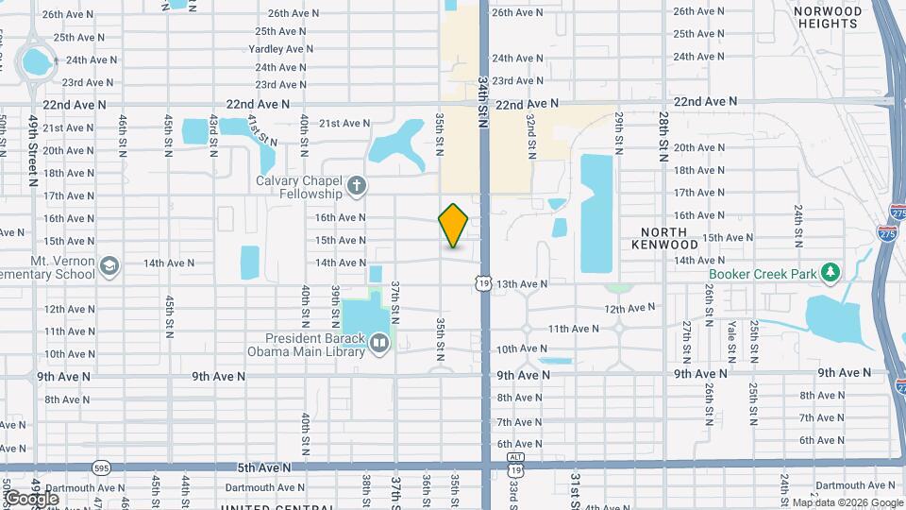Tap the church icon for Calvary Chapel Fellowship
point(357,185)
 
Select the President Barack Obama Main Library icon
point(378,343)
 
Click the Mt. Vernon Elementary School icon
point(109,267)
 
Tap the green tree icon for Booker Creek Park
point(830,273)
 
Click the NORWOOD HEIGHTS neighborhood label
point(828,19)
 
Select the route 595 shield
point(102,467)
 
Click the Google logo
point(31,498)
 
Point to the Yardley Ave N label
point(280,49)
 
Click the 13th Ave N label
point(522,283)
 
